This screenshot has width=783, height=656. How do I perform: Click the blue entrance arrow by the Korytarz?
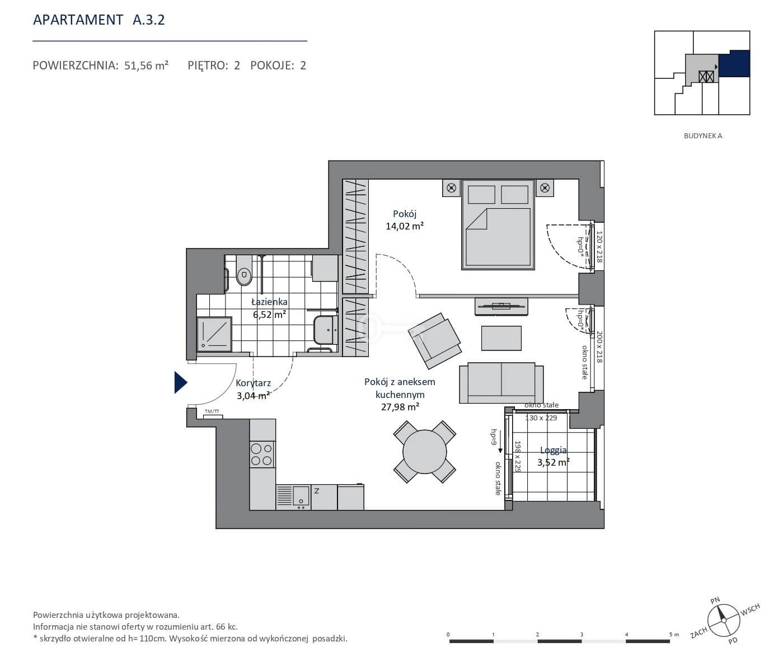(180, 382)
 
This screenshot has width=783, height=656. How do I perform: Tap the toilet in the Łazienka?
(244, 271)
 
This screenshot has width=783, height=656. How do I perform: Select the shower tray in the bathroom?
(214, 334)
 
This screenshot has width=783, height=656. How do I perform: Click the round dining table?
(424, 452)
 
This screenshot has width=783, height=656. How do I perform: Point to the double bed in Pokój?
(498, 224)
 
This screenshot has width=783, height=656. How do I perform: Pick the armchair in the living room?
(435, 340)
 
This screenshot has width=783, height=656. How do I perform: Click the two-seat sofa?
(501, 382)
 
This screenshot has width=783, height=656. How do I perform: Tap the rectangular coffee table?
(501, 338)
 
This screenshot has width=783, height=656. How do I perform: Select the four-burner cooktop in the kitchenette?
(262, 454)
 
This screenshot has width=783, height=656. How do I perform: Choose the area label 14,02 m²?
(405, 226)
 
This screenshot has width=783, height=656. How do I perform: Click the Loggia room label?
(553, 450)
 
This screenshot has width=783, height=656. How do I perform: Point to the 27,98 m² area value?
(400, 407)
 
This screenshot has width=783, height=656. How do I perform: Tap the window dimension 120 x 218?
(599, 246)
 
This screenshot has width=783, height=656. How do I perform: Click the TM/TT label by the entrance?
(212, 412)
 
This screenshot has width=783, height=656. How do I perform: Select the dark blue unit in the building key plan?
(734, 63)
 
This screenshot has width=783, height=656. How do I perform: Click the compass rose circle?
(724, 621)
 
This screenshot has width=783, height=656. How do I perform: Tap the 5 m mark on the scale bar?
(674, 635)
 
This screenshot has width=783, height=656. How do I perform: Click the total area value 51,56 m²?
(146, 65)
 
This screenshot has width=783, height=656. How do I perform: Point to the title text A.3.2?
(148, 20)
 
